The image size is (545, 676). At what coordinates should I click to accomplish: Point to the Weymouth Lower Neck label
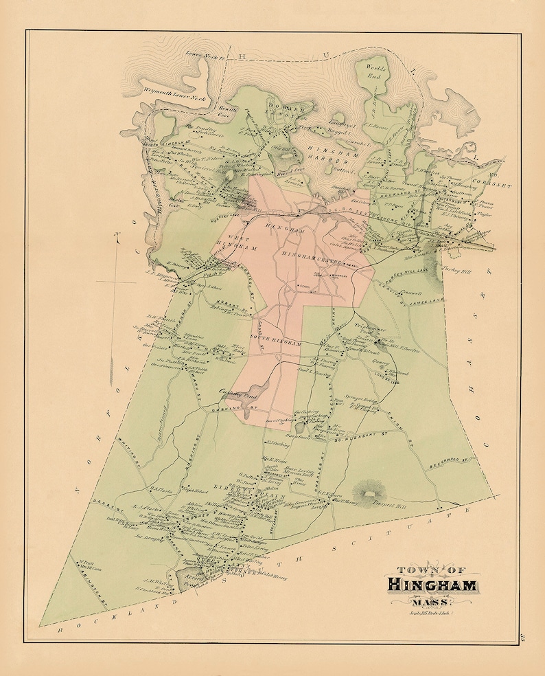pos(174,98)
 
